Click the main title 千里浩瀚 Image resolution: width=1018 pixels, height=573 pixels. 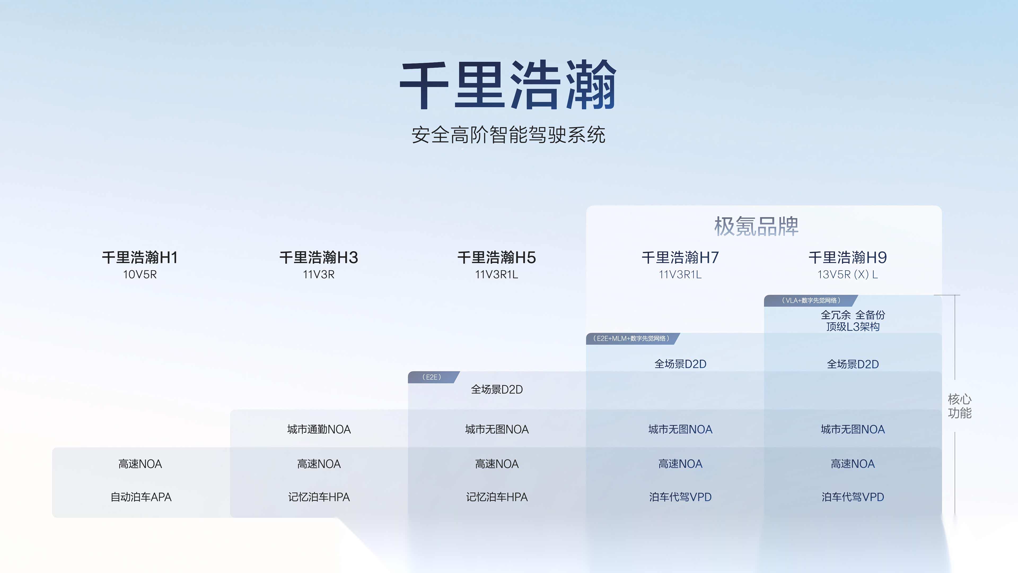click(x=508, y=85)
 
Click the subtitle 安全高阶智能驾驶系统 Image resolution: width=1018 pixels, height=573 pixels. click(x=508, y=135)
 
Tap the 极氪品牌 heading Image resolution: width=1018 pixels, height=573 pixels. click(x=756, y=227)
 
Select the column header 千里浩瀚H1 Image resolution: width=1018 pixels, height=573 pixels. click(x=140, y=257)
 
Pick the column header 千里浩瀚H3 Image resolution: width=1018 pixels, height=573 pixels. click(x=318, y=257)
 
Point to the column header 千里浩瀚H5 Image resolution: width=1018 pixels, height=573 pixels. click(x=496, y=257)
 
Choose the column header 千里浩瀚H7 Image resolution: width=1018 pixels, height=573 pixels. click(x=680, y=257)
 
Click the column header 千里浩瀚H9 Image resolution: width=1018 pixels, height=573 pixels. click(x=848, y=257)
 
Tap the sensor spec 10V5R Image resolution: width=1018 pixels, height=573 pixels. click(x=140, y=275)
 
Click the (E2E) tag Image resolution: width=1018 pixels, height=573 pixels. click(x=432, y=377)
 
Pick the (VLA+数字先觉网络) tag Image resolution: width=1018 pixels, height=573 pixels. click(x=811, y=301)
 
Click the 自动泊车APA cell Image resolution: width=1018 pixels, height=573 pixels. click(x=141, y=497)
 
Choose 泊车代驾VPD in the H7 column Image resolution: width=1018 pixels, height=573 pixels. click(x=680, y=497)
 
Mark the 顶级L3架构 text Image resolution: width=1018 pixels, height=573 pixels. click(x=853, y=327)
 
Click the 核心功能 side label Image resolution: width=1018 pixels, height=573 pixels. click(x=959, y=406)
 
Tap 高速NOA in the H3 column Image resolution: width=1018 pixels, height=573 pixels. click(x=318, y=464)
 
